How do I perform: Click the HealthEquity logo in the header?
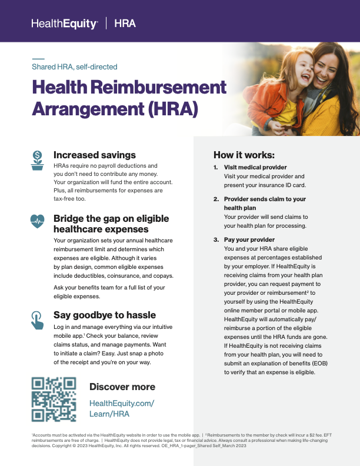coord(64,24)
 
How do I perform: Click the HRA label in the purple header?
coord(125,24)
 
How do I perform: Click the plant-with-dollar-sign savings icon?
coord(38,160)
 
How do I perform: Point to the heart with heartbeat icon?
coord(38,221)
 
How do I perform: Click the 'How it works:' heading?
coord(244,155)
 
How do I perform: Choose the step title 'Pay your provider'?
coord(249,240)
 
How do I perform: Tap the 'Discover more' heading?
coord(122,387)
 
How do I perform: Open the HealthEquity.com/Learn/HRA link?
coord(121,408)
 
